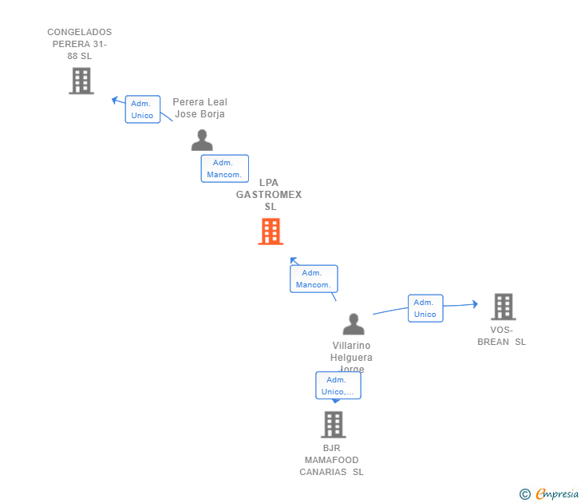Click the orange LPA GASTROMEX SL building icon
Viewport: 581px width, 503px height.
pos(271,232)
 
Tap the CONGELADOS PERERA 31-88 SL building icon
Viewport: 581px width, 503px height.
pos(81,81)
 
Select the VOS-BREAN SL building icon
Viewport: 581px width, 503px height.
pos(503,307)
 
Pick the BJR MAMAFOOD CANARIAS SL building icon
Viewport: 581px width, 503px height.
pos(333,424)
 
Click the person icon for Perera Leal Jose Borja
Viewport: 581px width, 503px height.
pos(202,141)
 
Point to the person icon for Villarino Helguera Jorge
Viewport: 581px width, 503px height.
pos(353,324)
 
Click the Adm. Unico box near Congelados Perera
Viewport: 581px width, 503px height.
pos(142,109)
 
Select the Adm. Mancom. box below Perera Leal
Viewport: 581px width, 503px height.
pos(224,168)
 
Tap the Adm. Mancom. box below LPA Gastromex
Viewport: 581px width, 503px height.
pos(313,279)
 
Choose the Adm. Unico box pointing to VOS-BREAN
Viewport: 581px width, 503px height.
pos(425,308)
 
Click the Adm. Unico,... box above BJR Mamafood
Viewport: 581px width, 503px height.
pos(338,386)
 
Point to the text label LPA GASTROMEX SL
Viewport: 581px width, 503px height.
pos(270,195)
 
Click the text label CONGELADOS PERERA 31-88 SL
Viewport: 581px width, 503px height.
pos(80,45)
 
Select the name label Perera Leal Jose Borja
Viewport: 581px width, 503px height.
pos(200,108)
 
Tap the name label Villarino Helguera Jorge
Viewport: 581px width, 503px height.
pos(352,357)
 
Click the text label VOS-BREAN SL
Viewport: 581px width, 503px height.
pos(501,336)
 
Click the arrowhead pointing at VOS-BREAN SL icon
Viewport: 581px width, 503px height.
pos(474,303)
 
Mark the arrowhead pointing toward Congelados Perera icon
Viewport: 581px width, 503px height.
pos(116,101)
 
